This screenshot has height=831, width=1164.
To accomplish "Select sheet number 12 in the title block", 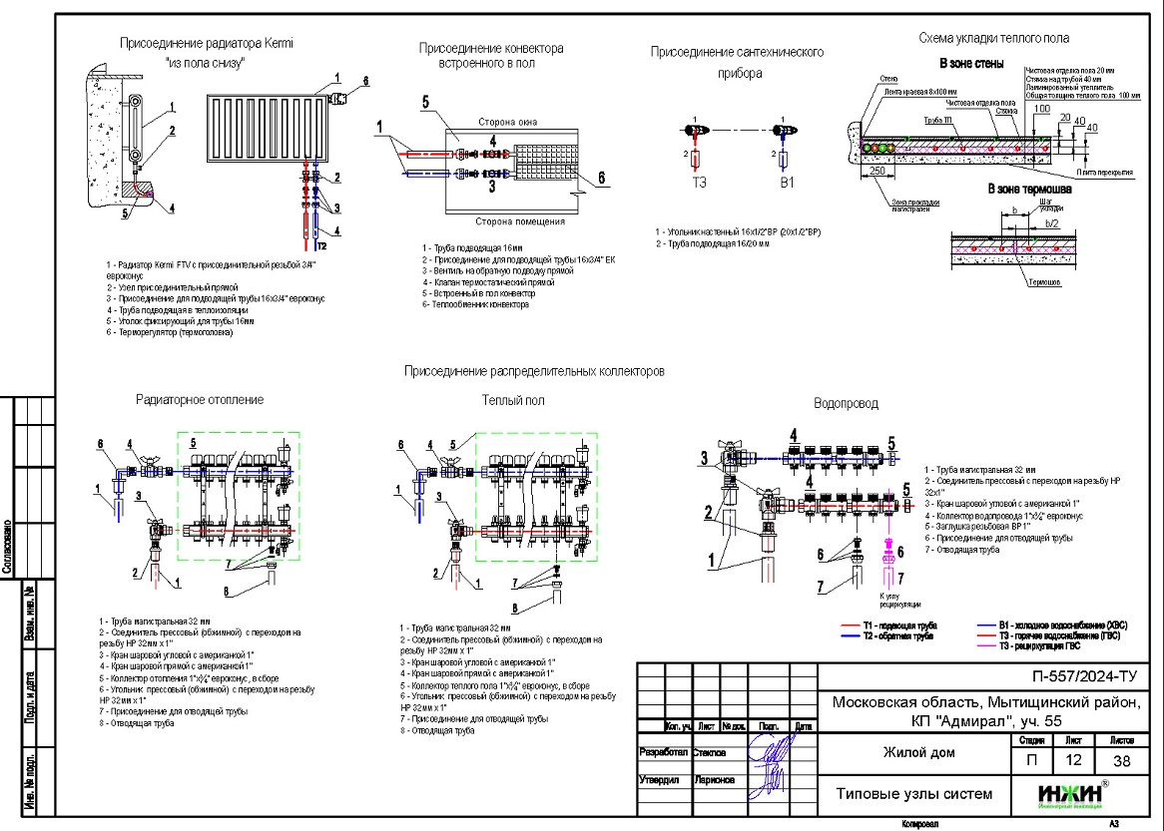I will (x=1073, y=760).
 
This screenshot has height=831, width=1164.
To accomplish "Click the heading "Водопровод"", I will (x=846, y=404).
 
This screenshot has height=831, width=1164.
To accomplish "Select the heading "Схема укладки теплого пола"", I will (x=993, y=38).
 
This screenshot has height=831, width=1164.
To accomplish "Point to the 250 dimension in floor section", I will (x=878, y=171).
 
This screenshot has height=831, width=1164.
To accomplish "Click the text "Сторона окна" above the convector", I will (x=507, y=122).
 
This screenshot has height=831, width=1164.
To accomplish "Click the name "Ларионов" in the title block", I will (x=711, y=779).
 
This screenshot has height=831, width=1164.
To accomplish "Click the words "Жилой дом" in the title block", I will (x=914, y=752).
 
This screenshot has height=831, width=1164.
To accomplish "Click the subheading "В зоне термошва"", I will (x=1029, y=189).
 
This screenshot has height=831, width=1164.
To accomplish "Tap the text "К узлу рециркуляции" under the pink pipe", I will (x=892, y=600).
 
